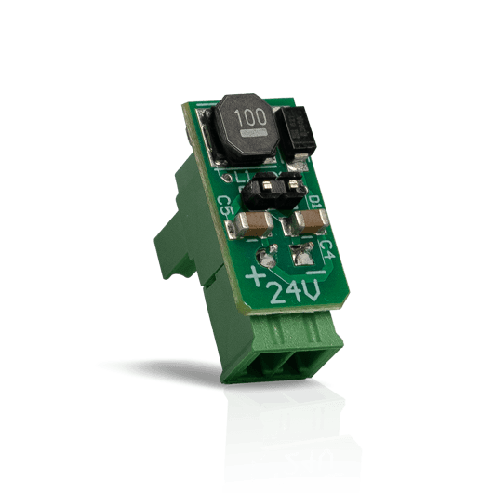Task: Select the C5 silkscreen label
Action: (225, 207)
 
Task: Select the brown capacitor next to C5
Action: (253, 223)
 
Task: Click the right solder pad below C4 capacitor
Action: (300, 252)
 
